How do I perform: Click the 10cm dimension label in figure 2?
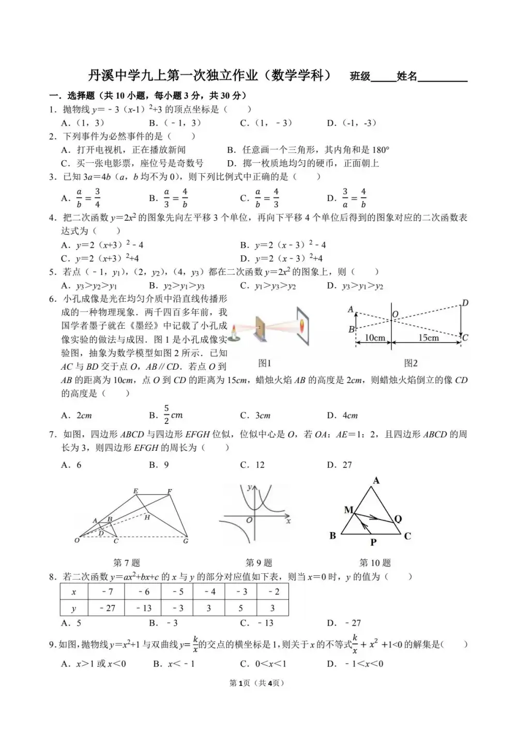tap(375, 338)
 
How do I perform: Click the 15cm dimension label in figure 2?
tap(428, 338)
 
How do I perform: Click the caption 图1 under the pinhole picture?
tap(264, 363)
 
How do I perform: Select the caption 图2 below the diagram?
tap(410, 363)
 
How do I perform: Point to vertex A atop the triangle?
tap(376, 481)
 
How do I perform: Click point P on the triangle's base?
tap(373, 542)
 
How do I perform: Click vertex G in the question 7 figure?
tap(186, 541)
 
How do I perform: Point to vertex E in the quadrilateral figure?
tap(135, 491)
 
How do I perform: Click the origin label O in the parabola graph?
tap(249, 520)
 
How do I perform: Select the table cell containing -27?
tap(107, 608)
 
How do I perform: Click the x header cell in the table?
tap(74, 592)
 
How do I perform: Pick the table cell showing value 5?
tap(240, 608)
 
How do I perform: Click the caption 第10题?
tap(375, 562)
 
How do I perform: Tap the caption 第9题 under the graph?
tap(258, 562)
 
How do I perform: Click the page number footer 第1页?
tap(239, 683)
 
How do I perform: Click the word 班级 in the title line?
tap(360, 77)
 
